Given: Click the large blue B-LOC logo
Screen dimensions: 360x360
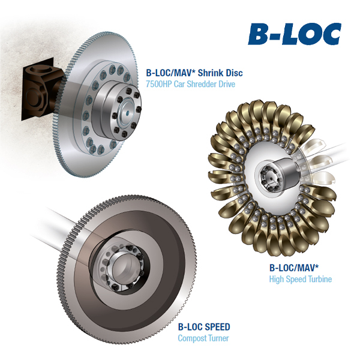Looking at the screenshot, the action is [x=295, y=34].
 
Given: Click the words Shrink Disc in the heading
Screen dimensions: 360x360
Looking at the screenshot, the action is [x=220, y=73].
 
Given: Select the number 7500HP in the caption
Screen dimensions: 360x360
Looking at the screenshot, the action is [x=159, y=84].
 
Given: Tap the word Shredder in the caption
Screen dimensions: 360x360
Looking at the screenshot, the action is [x=202, y=84].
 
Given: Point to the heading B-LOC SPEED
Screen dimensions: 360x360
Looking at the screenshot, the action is [x=204, y=327].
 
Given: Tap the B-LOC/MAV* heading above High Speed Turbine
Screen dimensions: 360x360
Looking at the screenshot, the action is [x=294, y=268].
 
